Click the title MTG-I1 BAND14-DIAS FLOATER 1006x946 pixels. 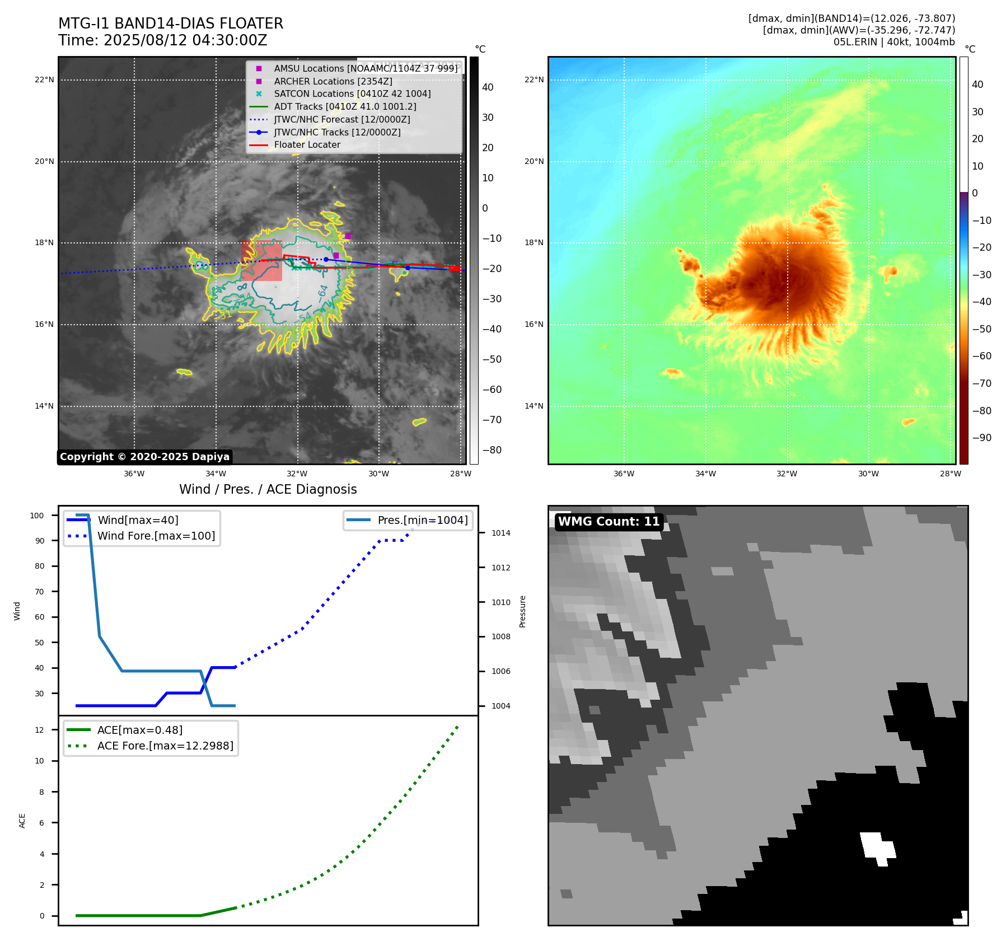(171, 24)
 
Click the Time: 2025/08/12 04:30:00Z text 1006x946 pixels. (162, 40)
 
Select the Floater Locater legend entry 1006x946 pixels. (307, 144)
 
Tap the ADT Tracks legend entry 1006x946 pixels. (345, 106)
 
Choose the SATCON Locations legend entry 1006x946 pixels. (352, 93)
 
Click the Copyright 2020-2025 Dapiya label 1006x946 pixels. (144, 457)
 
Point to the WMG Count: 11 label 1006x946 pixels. (609, 522)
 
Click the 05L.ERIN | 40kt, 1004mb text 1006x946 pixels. (893, 42)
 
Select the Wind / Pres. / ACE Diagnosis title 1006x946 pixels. (268, 489)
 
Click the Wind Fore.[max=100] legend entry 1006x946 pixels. (156, 536)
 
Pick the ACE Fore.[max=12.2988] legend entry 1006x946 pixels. (165, 746)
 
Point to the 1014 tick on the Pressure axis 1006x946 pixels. (501, 533)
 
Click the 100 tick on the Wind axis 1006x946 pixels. (37, 516)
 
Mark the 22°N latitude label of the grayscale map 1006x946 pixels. (44, 79)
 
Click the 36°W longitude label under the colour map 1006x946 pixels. (624, 474)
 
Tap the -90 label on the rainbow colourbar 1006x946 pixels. (981, 438)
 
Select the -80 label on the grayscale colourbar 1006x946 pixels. (492, 450)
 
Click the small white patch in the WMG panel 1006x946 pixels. (877, 847)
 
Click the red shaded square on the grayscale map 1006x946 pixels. (261, 261)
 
